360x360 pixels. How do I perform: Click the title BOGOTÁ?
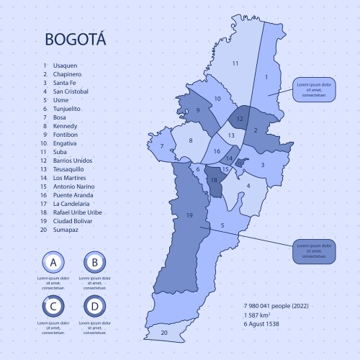[x=75, y=40]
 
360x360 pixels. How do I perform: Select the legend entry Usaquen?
[x=65, y=66]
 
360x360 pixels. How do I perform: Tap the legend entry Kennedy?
[x=65, y=126]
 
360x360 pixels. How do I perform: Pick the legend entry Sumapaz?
[x=66, y=230]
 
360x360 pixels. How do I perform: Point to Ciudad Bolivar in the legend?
[x=74, y=221]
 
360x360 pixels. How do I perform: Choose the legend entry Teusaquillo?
[x=70, y=169]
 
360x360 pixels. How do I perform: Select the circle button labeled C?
[x=54, y=307]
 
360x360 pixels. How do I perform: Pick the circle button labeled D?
[x=94, y=307]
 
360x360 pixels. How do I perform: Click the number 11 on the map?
[x=235, y=64]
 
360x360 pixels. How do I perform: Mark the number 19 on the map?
[x=189, y=215]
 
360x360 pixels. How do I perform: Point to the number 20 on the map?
[x=164, y=333]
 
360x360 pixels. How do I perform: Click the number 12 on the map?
[x=240, y=118]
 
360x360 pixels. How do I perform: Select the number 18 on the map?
[x=214, y=180]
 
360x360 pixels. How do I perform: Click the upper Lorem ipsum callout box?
[x=314, y=89]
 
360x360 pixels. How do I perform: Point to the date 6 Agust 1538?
[x=262, y=324]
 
